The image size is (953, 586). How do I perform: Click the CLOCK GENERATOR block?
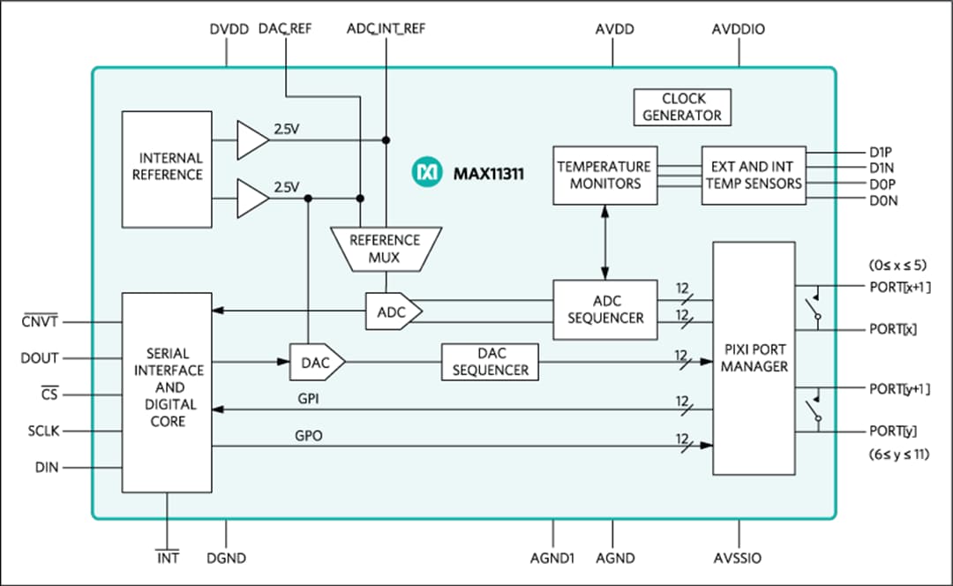point(681,107)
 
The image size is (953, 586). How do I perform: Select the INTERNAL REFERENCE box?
point(167,167)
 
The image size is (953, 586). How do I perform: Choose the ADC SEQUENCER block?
point(605,310)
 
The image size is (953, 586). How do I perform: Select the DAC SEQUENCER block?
point(490,362)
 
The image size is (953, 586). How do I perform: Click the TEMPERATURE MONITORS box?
point(604,175)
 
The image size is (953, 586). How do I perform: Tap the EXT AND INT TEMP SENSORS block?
point(754,175)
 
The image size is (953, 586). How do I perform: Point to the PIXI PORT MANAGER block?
point(754,357)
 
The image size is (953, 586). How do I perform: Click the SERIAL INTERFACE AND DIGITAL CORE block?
point(168,392)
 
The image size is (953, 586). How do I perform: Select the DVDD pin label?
point(227,29)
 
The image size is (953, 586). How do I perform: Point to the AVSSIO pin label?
point(737,558)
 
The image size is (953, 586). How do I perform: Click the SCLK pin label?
point(42,431)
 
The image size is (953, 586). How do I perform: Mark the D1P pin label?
point(882,151)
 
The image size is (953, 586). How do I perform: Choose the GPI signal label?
point(309,399)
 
